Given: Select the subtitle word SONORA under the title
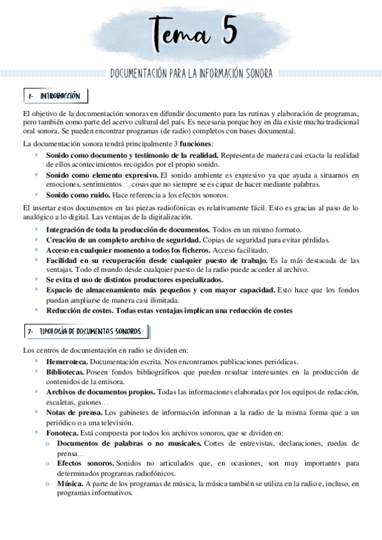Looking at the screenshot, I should (x=257, y=74).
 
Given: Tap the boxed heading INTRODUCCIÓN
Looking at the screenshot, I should (x=59, y=96).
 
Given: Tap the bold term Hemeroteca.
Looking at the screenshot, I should (x=66, y=361).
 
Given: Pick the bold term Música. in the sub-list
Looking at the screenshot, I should (x=70, y=483).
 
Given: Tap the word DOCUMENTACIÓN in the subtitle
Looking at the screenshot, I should (x=140, y=74).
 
